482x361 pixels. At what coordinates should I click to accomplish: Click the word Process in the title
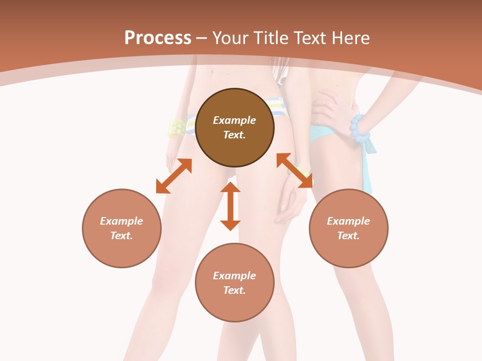click(158, 38)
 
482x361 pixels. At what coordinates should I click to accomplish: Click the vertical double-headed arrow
click(230, 206)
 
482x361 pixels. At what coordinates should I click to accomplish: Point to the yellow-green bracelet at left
click(177, 128)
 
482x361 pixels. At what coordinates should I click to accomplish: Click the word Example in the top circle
click(234, 120)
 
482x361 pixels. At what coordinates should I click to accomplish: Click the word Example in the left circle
click(122, 221)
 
